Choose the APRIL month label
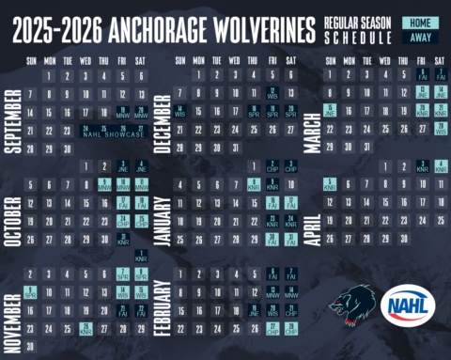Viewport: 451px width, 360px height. (313, 211)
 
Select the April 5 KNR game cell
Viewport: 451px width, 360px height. (330, 184)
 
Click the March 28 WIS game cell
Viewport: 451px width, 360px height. (441, 130)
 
